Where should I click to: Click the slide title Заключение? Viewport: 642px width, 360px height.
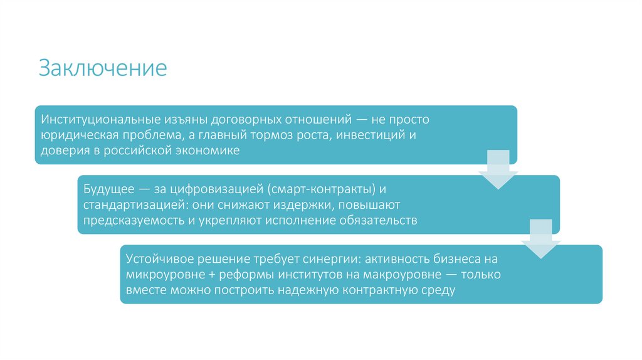click(x=103, y=68)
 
